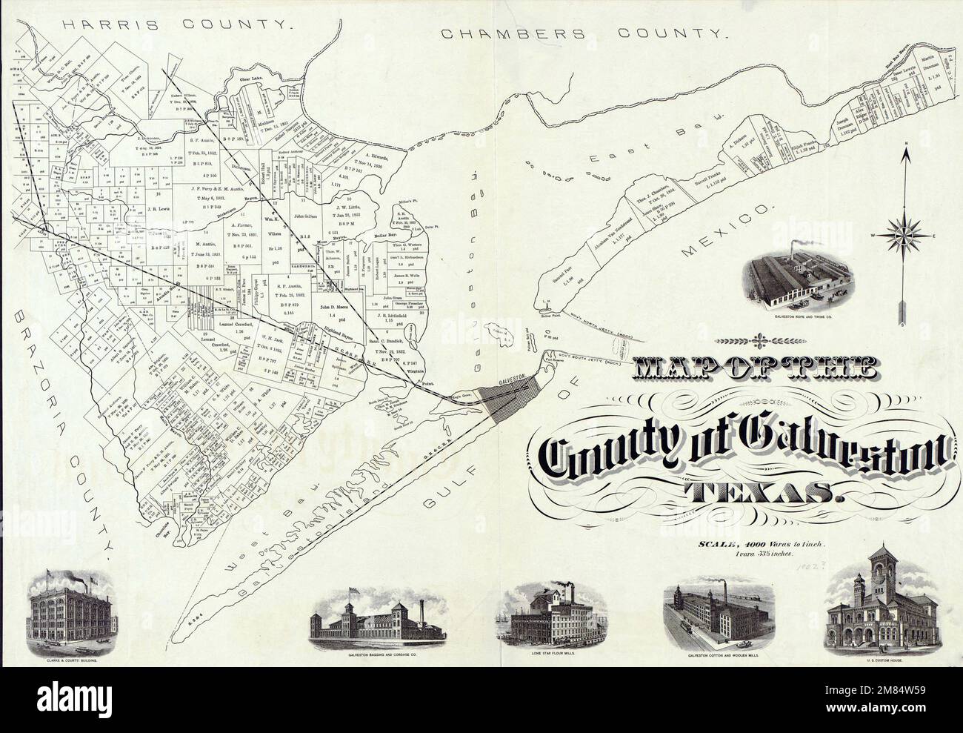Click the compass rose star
point(904,236)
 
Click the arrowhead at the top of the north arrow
point(904,155)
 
